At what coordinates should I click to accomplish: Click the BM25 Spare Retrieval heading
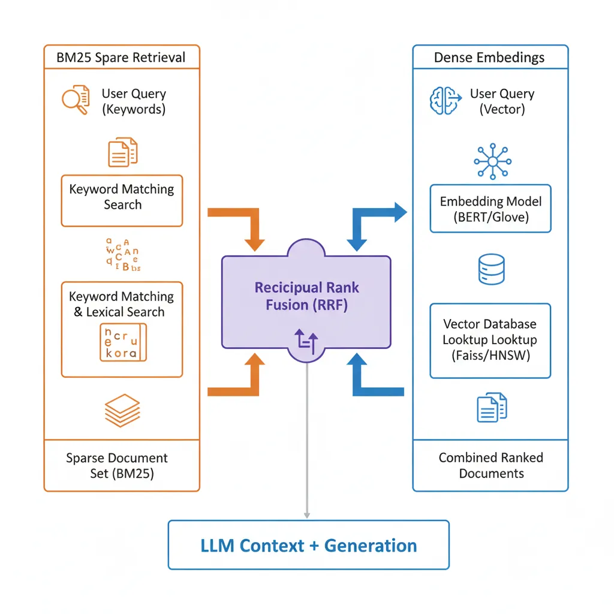pos(121,58)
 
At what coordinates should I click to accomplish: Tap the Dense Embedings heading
pos(489,58)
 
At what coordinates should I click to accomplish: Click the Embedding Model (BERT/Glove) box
pos(490,209)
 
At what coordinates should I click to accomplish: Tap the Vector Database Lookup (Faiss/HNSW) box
pos(490,340)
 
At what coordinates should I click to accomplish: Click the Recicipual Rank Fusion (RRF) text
pos(306,296)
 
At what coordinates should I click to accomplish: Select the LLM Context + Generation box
pos(308,545)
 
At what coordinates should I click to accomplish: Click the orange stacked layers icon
pos(122,410)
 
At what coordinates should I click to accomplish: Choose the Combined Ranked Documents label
pos(490,465)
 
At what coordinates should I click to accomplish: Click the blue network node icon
pos(491,161)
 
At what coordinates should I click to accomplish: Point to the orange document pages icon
pos(122,152)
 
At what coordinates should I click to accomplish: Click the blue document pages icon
pos(491,408)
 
